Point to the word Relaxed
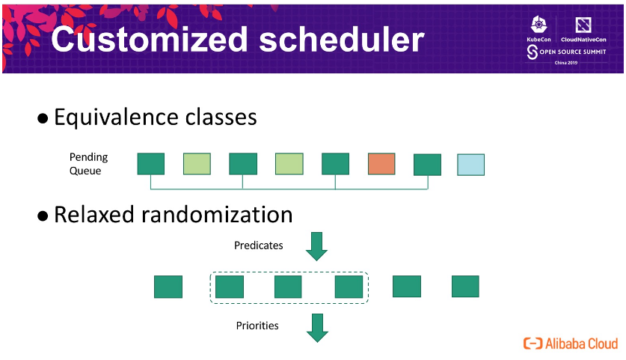click(97, 215)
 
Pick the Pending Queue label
click(88, 164)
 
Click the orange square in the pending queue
click(381, 164)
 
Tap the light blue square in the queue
click(470, 165)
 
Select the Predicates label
click(258, 245)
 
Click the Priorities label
click(257, 326)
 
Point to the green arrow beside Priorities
click(318, 327)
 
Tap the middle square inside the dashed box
click(288, 287)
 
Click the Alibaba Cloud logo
click(571, 344)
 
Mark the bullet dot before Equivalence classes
click(43, 119)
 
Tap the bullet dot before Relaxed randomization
click(43, 216)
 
